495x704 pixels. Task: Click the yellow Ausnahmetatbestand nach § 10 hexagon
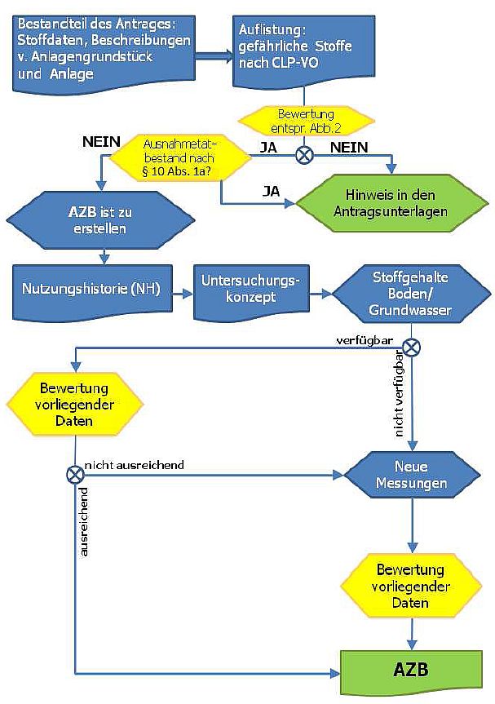coord(181,157)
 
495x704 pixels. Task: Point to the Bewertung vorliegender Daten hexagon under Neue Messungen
coord(410,586)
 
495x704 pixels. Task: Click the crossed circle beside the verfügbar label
coord(412,347)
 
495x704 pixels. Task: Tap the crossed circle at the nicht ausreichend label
coord(75,473)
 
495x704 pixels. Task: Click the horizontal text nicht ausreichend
coord(135,464)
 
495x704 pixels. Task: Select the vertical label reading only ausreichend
coord(84,522)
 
